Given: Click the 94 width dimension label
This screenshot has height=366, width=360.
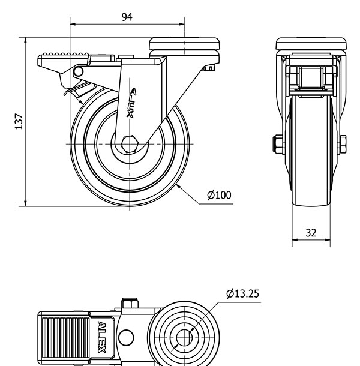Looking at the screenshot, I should coord(127,17).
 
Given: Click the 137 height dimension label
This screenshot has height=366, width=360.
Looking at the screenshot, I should coord(19,122).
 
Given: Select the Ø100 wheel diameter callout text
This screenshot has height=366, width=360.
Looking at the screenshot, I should coord(219,195).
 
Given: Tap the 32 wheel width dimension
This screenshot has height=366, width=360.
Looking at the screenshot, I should coord(311,233).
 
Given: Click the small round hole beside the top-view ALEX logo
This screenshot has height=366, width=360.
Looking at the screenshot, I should coord(126,337).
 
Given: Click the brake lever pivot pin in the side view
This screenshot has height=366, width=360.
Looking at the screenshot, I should coord(78,72).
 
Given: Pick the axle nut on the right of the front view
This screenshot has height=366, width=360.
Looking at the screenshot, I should coord(344,145).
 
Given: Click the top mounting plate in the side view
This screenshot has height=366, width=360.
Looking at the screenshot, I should coord(185,43).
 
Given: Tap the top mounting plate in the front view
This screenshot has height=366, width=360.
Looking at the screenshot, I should coord(311,43).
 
